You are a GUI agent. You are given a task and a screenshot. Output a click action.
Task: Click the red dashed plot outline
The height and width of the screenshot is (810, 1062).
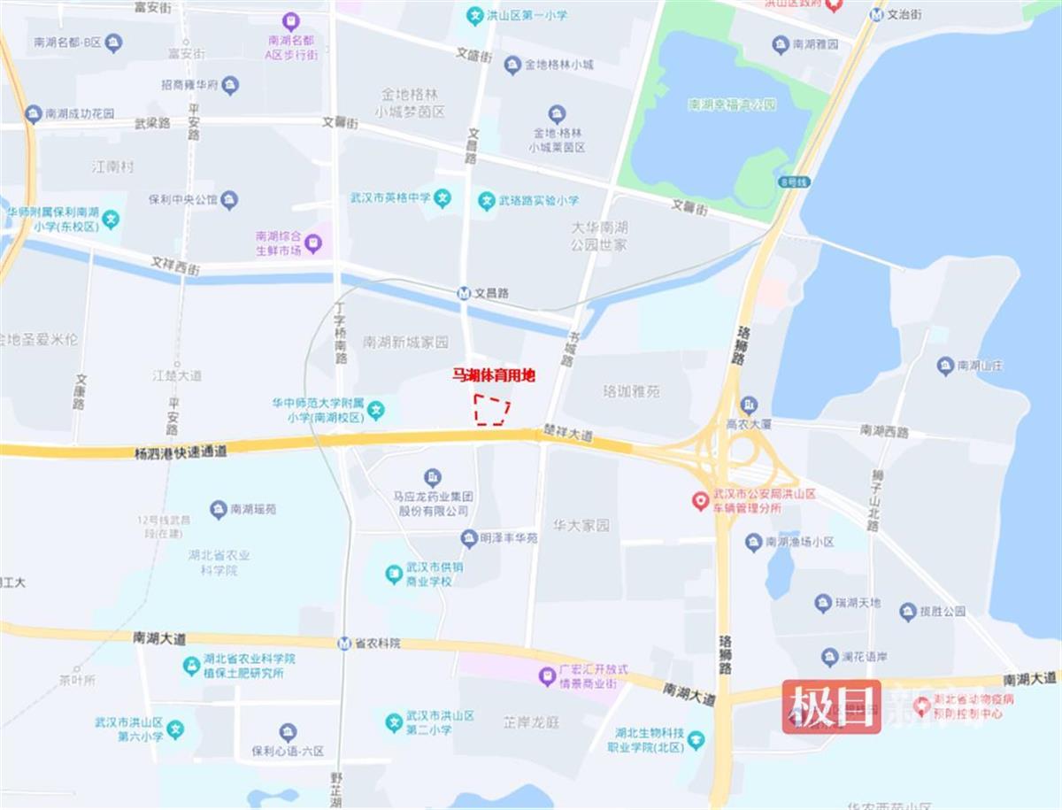491,410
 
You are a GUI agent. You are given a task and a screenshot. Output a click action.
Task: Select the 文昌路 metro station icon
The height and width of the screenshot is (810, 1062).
464,293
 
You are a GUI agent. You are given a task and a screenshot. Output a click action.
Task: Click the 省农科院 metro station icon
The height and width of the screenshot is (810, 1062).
343,643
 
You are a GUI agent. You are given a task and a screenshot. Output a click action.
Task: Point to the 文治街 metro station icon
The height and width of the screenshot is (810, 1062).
876,15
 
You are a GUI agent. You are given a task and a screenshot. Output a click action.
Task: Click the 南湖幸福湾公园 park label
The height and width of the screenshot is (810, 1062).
732,104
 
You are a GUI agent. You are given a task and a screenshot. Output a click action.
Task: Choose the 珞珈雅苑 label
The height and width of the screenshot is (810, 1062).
631,390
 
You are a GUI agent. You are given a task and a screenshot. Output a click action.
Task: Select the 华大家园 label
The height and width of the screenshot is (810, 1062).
581,525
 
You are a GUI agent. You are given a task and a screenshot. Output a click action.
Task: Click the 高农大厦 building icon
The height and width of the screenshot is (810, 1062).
749,404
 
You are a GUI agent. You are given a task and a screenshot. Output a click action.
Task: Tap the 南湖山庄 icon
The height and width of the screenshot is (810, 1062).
945,365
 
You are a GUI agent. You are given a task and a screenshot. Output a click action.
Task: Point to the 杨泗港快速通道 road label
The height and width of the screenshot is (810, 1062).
181,451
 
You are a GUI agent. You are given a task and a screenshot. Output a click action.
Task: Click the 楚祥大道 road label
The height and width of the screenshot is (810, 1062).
568,436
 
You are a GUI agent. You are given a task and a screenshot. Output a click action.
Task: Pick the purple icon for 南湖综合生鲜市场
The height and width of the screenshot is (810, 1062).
313,239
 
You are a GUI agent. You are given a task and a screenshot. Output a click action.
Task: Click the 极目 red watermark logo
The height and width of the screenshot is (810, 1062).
831,706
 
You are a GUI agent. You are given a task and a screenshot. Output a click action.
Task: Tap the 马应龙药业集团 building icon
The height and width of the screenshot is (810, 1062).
433,476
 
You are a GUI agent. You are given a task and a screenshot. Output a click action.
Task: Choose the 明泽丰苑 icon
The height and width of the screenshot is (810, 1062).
469,537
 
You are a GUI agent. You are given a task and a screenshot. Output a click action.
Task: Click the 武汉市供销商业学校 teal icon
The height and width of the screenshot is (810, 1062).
394,575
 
